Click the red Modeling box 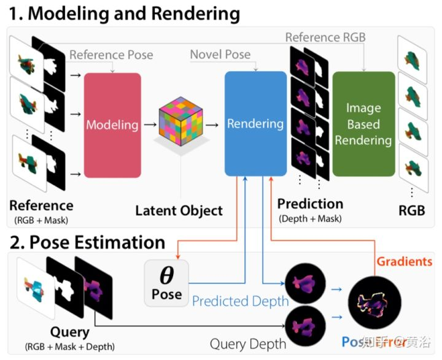coord(112,125)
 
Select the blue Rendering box coord(255,124)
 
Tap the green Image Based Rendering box coord(363,124)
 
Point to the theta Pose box coord(166,283)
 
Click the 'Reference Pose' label coord(110,55)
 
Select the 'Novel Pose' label coord(220,55)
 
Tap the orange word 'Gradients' coord(404,261)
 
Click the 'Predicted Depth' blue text coord(240,301)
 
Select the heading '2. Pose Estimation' coord(87,242)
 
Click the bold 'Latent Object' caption coord(179,210)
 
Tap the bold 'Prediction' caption coord(310,204)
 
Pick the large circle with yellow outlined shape coord(370,302)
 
